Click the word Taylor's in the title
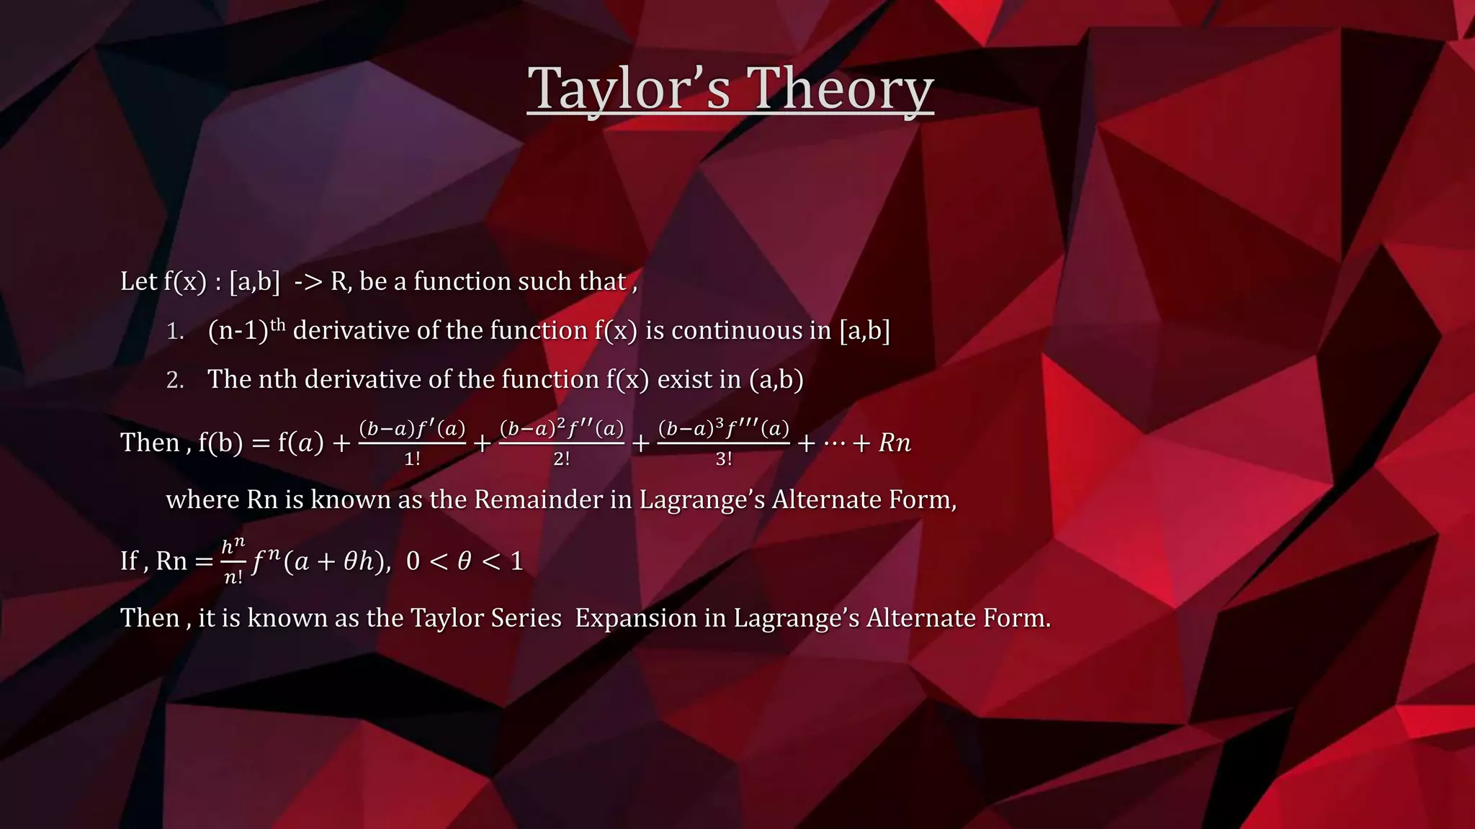click(628, 89)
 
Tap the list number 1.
click(175, 331)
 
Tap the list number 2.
click(175, 380)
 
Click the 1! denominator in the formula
click(412, 459)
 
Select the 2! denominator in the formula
click(561, 459)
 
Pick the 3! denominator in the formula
click(723, 459)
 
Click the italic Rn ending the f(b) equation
click(895, 443)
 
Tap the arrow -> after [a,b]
click(308, 281)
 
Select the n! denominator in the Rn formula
click(233, 577)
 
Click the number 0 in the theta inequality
click(413, 561)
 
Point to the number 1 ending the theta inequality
click(516, 561)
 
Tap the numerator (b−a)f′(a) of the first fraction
click(412, 429)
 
